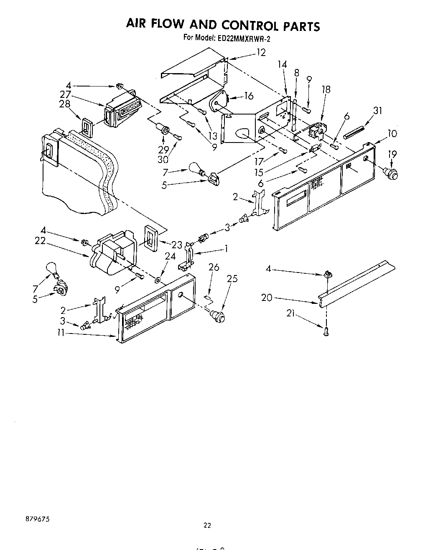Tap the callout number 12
[261, 53]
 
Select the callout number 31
[378, 110]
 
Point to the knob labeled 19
[391, 172]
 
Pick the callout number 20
[267, 298]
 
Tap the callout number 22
[40, 241]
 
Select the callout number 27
[65, 94]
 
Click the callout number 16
[249, 96]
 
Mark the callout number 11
[61, 334]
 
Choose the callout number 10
[392, 134]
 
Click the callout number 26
[214, 267]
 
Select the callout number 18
[326, 89]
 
